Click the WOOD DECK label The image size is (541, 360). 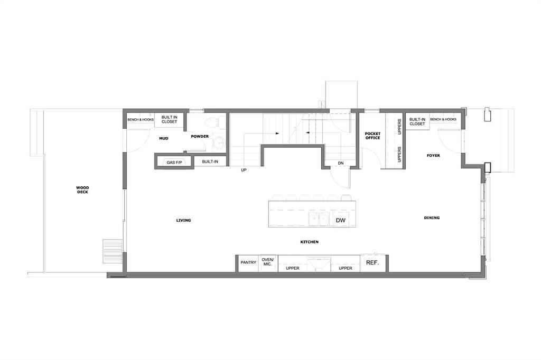[82, 190]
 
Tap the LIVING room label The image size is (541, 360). [183, 220]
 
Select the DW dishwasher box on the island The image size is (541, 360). [341, 220]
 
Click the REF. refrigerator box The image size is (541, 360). [372, 263]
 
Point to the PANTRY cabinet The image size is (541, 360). [248, 263]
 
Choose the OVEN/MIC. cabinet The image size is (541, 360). [268, 263]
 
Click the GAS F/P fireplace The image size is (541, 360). [174, 162]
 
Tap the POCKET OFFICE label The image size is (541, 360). [372, 136]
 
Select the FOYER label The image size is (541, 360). [433, 156]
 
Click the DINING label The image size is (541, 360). [432, 218]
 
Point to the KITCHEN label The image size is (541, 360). [310, 242]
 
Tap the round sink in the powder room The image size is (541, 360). [218, 143]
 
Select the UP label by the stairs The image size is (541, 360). [244, 170]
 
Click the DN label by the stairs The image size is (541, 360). [341, 163]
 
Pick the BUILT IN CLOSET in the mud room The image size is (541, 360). [169, 120]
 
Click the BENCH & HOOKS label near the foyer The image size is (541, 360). [443, 119]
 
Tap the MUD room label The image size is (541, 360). [164, 138]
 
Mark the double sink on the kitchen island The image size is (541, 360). [319, 219]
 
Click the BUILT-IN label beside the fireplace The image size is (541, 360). [210, 162]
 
